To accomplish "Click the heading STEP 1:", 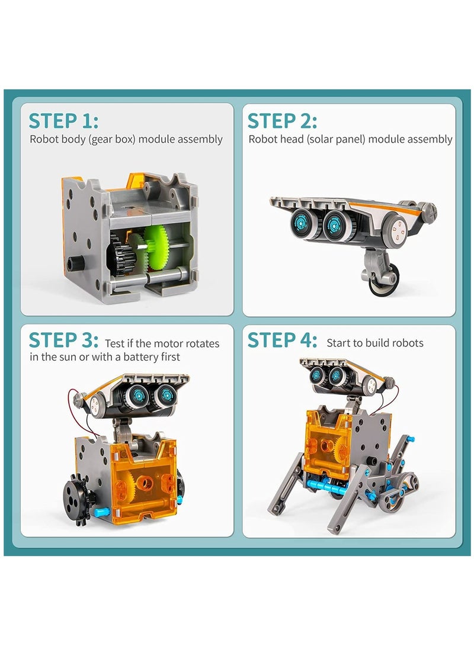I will [x=63, y=120].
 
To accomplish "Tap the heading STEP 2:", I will [x=282, y=120].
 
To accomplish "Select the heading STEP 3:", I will [x=63, y=340].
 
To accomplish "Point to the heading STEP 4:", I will [x=282, y=340].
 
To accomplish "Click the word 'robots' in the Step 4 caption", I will [x=407, y=343].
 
